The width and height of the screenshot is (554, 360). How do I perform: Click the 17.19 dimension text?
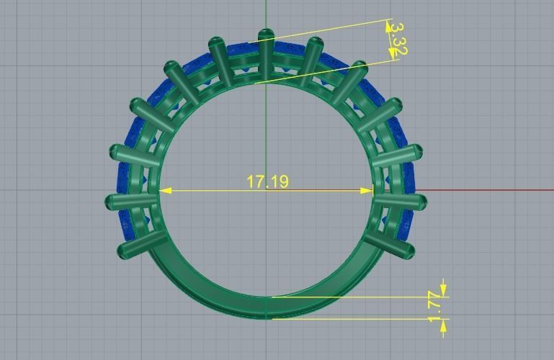[267, 181]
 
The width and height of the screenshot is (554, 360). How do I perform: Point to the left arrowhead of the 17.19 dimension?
[165, 191]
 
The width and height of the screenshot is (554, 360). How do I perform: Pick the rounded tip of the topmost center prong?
[266, 33]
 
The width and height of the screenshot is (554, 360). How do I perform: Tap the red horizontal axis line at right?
[490, 191]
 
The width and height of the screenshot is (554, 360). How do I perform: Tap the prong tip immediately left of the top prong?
[215, 42]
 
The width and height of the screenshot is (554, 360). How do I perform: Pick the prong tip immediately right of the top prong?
[316, 42]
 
